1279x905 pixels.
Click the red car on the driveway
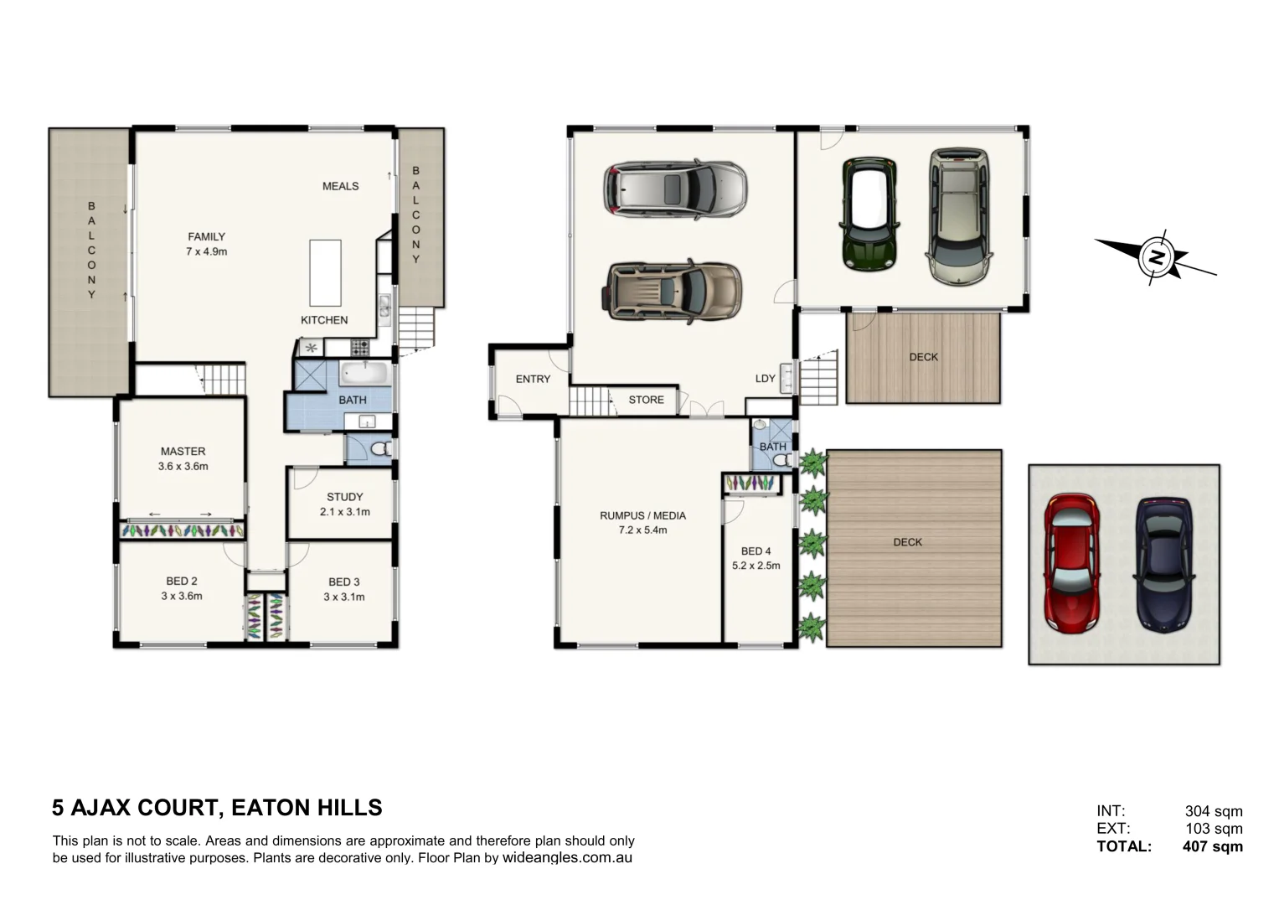pyautogui.click(x=1072, y=564)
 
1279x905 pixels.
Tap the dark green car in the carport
pyautogui.click(x=869, y=213)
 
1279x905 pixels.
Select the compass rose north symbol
pyautogui.click(x=1156, y=256)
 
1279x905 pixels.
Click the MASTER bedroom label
pyautogui.click(x=183, y=452)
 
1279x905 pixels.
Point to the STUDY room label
pyautogui.click(x=344, y=497)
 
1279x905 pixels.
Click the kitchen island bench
pyautogui.click(x=325, y=273)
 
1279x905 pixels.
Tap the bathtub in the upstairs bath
pyautogui.click(x=364, y=373)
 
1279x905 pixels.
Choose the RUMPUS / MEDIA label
pyautogui.click(x=642, y=515)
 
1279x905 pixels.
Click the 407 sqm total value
pyautogui.click(x=1212, y=846)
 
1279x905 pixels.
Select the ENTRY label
pyautogui.click(x=533, y=380)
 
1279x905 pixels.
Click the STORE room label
pyautogui.click(x=646, y=401)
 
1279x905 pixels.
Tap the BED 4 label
pyautogui.click(x=756, y=551)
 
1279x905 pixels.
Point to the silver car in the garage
pyautogui.click(x=675, y=189)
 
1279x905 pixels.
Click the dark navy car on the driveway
pyautogui.click(x=1163, y=564)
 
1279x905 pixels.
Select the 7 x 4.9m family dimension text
pyautogui.click(x=206, y=251)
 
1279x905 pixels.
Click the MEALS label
pyautogui.click(x=340, y=186)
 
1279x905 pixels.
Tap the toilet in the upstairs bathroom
pyautogui.click(x=379, y=449)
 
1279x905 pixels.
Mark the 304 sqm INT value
pyautogui.click(x=1213, y=811)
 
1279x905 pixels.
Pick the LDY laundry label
pyautogui.click(x=765, y=379)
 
